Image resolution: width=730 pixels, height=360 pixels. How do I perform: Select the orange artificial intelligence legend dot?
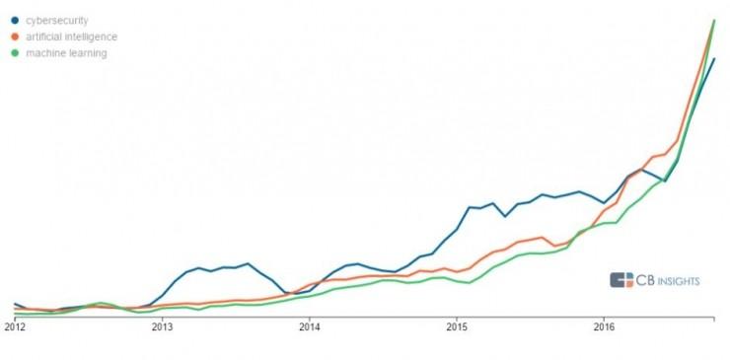15,36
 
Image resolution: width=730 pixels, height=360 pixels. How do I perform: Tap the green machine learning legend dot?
15,53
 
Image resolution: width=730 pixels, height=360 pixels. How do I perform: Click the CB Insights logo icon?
621,280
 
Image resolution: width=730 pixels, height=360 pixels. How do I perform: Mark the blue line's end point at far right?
713,59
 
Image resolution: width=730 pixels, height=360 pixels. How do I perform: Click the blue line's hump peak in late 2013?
248,263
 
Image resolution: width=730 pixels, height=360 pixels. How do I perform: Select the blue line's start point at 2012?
15,304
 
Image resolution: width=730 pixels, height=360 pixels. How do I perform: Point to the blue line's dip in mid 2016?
665,181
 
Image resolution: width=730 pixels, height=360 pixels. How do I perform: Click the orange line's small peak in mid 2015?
543,237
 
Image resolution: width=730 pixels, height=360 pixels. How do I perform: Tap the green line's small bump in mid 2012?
101,303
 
